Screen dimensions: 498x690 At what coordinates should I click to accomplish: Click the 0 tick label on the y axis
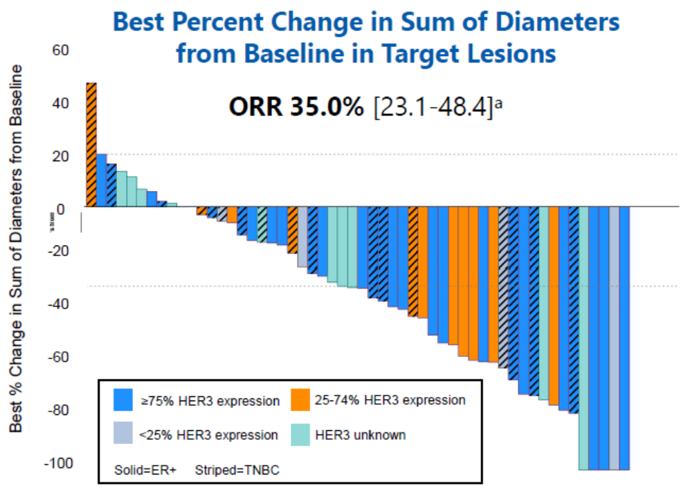(x=63, y=207)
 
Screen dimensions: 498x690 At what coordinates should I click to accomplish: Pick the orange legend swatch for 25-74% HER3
(x=300, y=400)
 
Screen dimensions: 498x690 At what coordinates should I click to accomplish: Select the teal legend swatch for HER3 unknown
(x=300, y=434)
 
